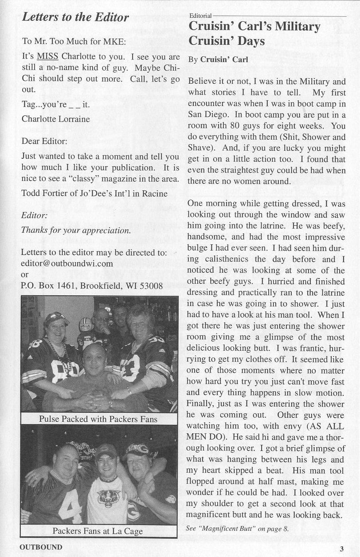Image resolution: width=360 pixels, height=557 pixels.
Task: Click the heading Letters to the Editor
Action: pos(75,17)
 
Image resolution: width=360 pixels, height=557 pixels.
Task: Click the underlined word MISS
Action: pos(48,57)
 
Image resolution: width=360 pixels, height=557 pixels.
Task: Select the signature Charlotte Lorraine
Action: pos(55,119)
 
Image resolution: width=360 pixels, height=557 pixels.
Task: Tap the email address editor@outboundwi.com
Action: pos(67,263)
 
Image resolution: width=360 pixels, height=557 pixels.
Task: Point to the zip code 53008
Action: pos(152,286)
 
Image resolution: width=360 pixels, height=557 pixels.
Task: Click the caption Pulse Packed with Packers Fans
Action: pos(98,419)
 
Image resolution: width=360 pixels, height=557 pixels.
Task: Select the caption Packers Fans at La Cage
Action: pos(98,531)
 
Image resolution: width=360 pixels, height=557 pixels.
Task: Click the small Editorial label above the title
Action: pos(200,16)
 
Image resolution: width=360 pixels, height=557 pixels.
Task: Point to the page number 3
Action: pos(341,549)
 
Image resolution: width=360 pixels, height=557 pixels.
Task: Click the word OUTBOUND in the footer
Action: pos(41,547)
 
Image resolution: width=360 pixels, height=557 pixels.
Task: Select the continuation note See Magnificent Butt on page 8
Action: pos(238,529)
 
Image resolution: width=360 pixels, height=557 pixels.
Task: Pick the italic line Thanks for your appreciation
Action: pos(76,231)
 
